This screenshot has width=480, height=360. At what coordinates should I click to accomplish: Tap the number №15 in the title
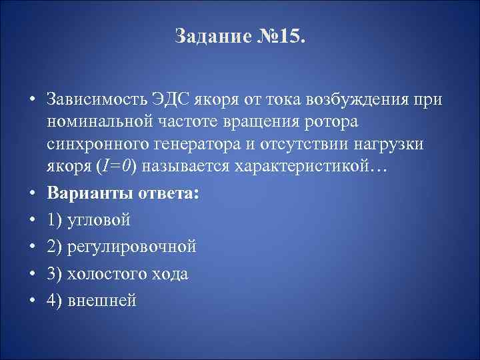click(281, 35)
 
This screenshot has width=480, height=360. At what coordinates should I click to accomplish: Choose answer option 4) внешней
click(91, 300)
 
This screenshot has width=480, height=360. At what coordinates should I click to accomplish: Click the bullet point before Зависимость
click(32, 100)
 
